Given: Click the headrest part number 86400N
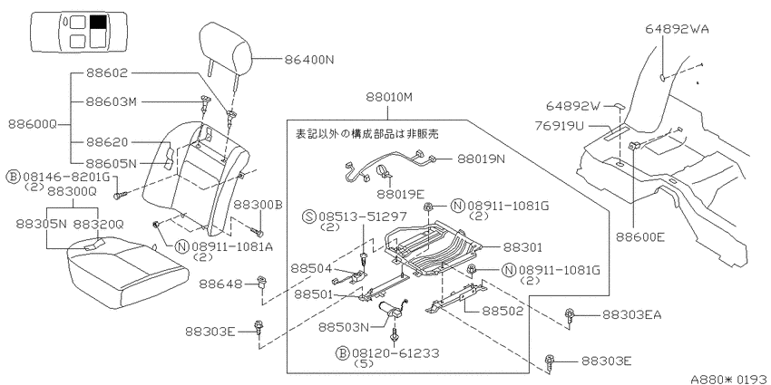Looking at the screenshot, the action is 308,60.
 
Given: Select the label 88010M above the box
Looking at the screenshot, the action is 388,97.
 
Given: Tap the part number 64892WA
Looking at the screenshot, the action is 677,29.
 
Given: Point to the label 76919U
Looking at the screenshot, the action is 559,127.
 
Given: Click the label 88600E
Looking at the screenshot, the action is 640,237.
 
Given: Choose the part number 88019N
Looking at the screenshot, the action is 482,159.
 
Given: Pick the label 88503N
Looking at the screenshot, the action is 343,326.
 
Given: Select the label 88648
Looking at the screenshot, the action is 220,284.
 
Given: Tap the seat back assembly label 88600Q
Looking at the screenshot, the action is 33,124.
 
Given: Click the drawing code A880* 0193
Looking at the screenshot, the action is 728,379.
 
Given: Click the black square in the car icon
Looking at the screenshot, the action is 98,22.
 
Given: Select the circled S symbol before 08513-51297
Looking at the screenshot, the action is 310,217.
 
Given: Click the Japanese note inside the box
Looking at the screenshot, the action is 366,133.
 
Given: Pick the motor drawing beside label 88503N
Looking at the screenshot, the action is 392,309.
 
